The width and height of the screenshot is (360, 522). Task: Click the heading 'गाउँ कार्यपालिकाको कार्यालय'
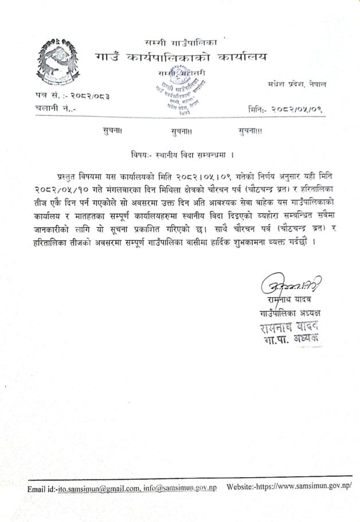(x=181, y=58)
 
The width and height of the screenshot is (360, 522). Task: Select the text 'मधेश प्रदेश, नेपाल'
(x=297, y=84)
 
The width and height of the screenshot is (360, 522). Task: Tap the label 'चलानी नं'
(x=52, y=107)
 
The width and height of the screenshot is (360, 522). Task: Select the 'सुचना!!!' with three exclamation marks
(x=251, y=131)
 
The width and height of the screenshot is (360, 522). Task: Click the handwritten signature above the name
(x=285, y=285)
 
